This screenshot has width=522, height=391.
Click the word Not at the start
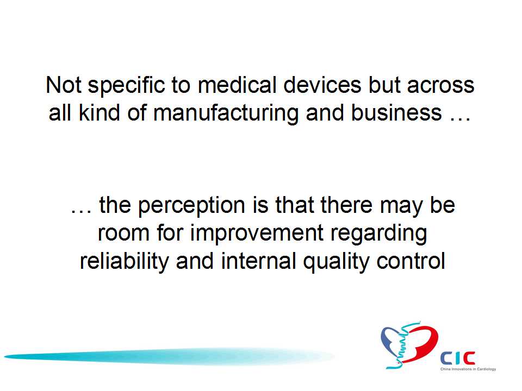point(64,85)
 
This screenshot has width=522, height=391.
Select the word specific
point(126,86)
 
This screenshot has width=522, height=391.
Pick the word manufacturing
point(226,113)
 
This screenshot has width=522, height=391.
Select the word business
point(396,112)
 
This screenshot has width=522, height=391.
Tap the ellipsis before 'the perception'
point(81,211)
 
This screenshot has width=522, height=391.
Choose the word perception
point(191,206)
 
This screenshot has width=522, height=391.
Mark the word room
point(123,233)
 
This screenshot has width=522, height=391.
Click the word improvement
point(257,233)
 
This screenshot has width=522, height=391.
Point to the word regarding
point(378,234)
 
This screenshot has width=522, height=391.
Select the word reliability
point(124,262)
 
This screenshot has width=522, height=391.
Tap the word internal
point(258,261)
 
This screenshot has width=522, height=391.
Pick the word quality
point(336,262)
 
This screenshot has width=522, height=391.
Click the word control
point(411,261)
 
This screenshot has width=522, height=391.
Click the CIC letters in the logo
point(458,358)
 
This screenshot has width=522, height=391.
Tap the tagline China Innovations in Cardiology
point(468,369)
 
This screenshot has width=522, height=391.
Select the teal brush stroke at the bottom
point(169,357)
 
